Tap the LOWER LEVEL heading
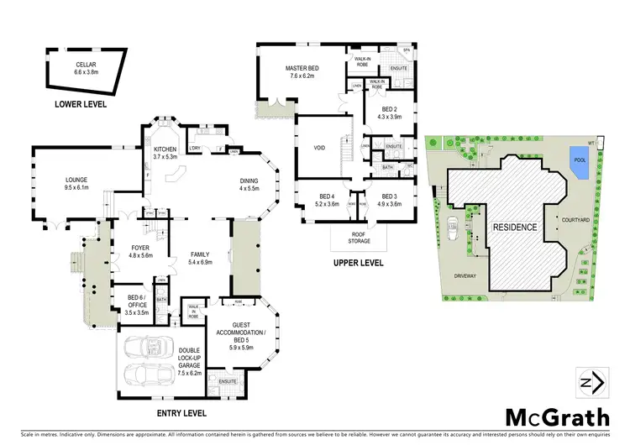[x=81, y=105]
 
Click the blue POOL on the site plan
[x=579, y=161]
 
